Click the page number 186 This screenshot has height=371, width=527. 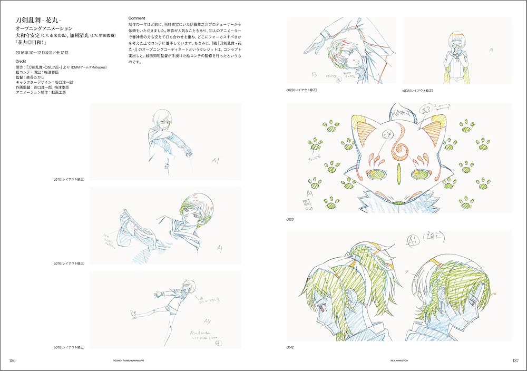click(14, 360)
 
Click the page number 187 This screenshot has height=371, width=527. click(512, 360)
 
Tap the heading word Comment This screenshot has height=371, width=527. click(136, 18)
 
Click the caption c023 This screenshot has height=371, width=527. click(290, 218)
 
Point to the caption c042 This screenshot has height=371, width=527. click(290, 348)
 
